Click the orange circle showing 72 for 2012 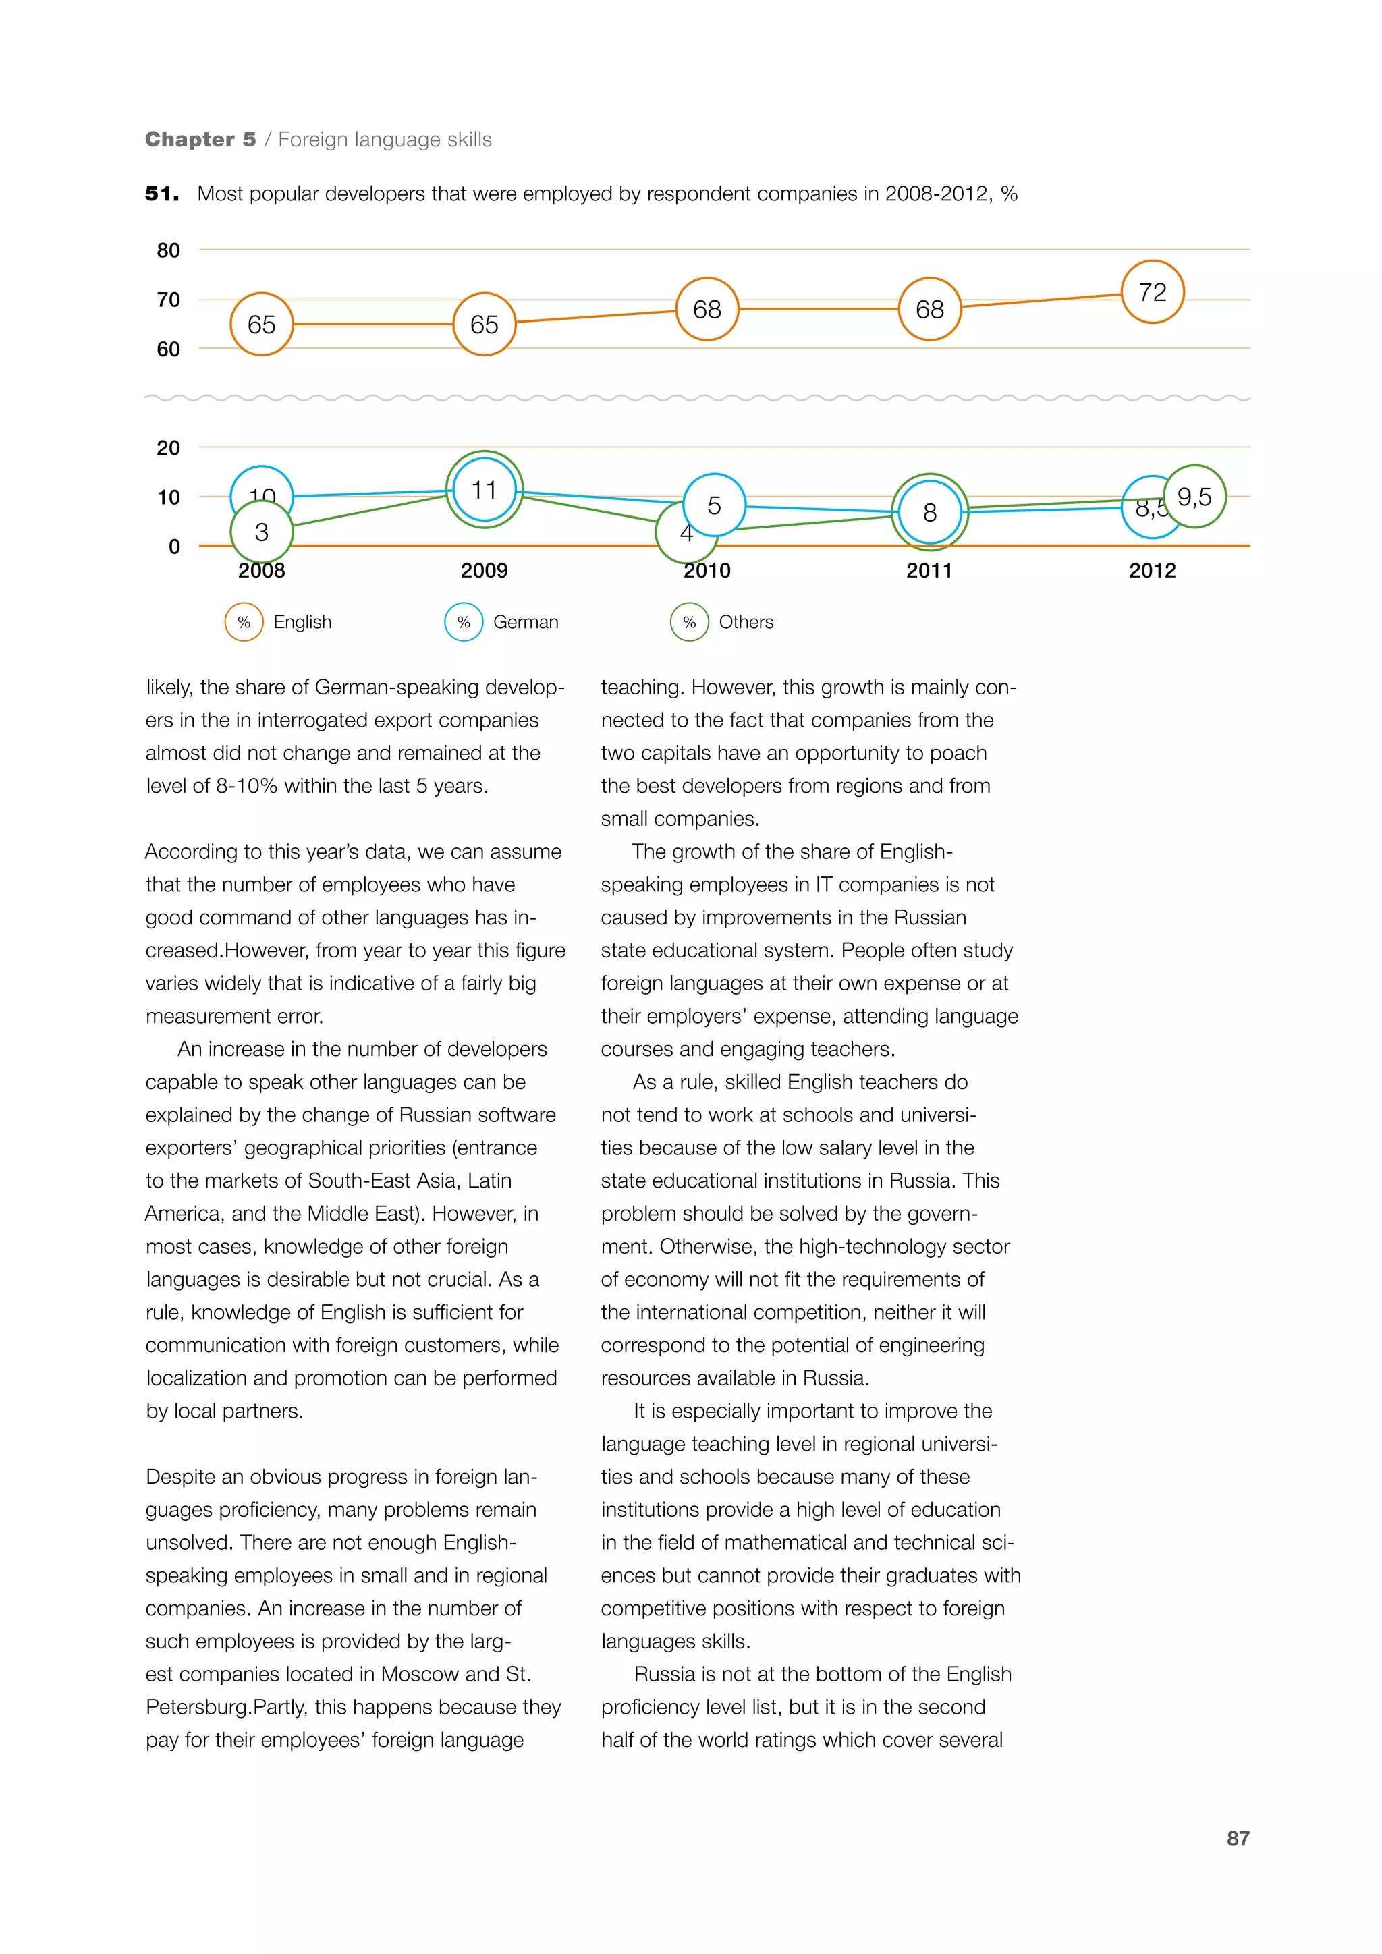[x=1153, y=292]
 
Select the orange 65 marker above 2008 [x=261, y=325]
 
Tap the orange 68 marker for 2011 [x=929, y=309]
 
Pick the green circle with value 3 [x=261, y=532]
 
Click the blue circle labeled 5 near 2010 [x=714, y=505]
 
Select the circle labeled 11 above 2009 [x=485, y=489]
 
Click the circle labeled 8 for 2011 [x=929, y=512]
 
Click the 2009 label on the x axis [x=485, y=570]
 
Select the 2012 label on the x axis [x=1153, y=570]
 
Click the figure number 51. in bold [x=162, y=194]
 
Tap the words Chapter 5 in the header [x=200, y=140]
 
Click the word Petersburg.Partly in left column [x=229, y=1707]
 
